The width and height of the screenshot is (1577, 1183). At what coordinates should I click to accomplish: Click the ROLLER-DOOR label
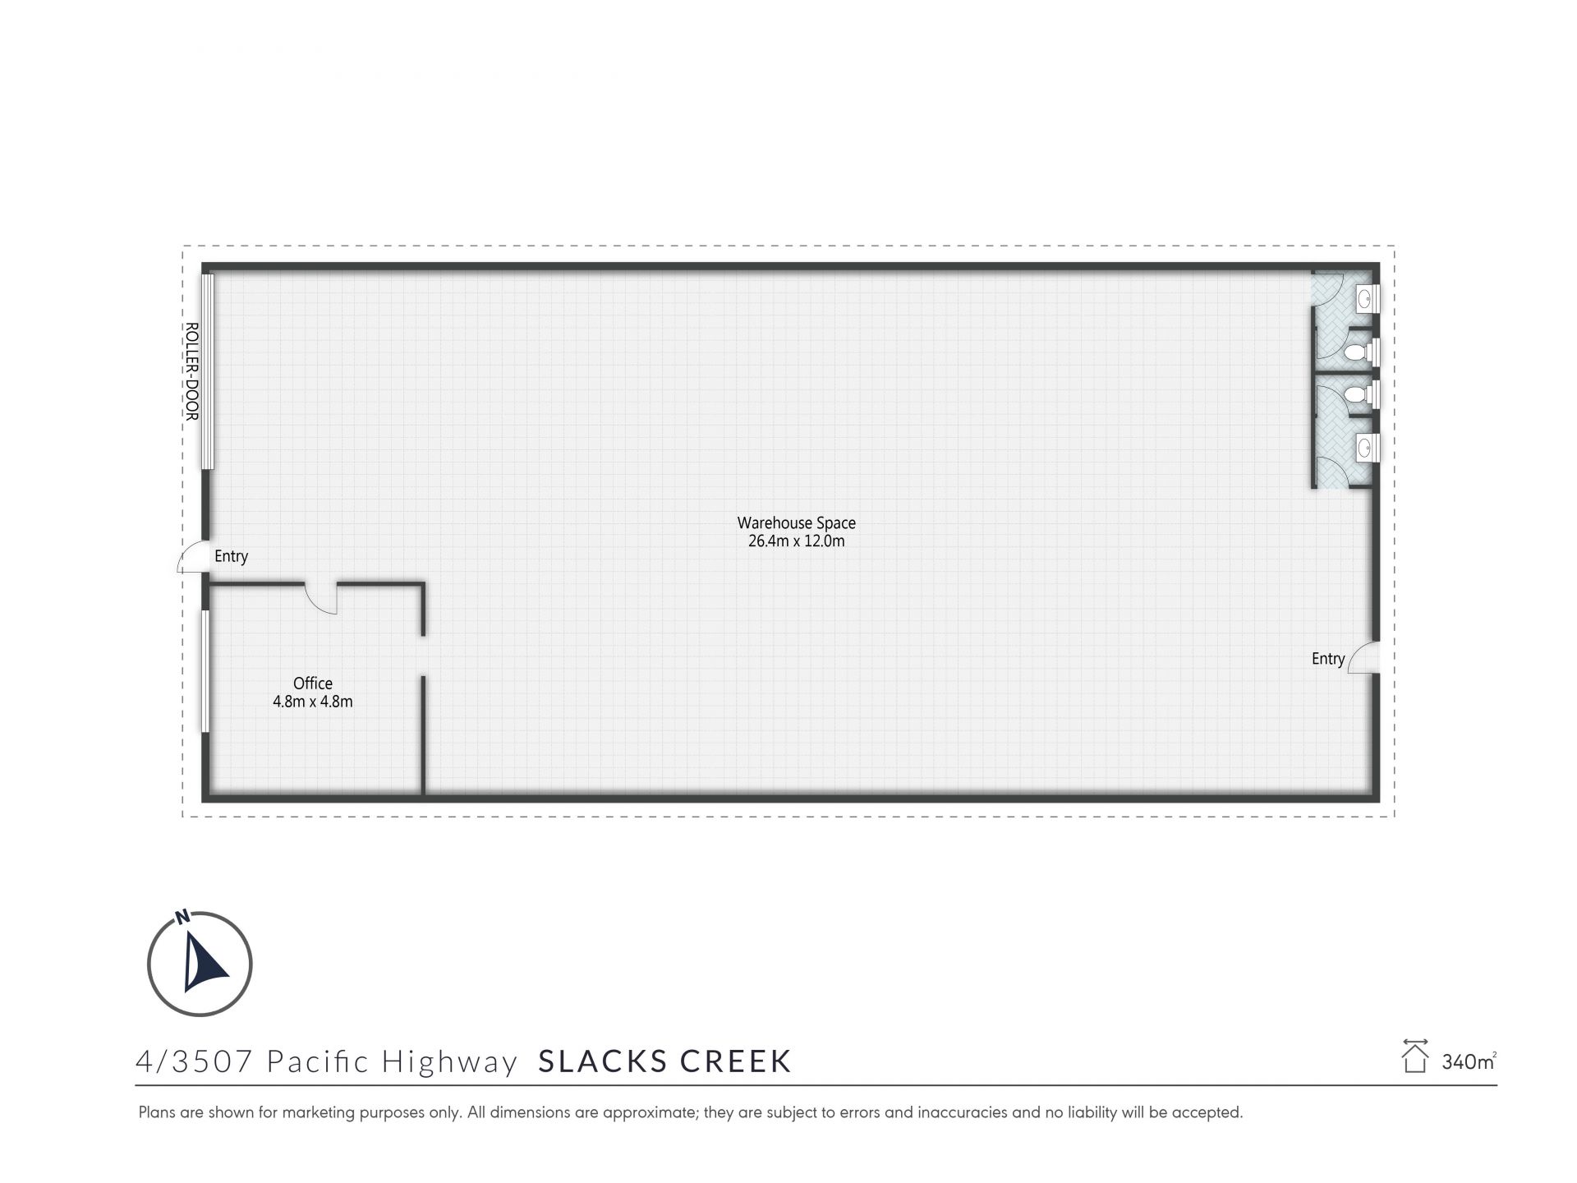pyautogui.click(x=191, y=371)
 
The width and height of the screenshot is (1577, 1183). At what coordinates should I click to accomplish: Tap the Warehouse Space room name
pyautogui.click(x=796, y=523)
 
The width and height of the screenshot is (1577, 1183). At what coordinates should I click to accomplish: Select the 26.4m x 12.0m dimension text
pyautogui.click(x=796, y=541)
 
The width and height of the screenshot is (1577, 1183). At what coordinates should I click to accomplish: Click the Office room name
pyautogui.click(x=313, y=684)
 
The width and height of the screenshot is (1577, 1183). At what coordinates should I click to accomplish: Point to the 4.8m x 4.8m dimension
pyautogui.click(x=313, y=702)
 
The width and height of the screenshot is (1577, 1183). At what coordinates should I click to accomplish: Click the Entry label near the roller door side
pyautogui.click(x=231, y=557)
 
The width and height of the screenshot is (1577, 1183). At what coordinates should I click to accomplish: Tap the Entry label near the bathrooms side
pyautogui.click(x=1328, y=659)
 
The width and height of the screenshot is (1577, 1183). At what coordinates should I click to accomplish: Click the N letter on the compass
pyautogui.click(x=182, y=917)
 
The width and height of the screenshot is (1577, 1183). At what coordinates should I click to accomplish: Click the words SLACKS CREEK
pyautogui.click(x=664, y=1061)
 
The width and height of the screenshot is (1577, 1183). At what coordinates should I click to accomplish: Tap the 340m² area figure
pyautogui.click(x=1469, y=1061)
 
